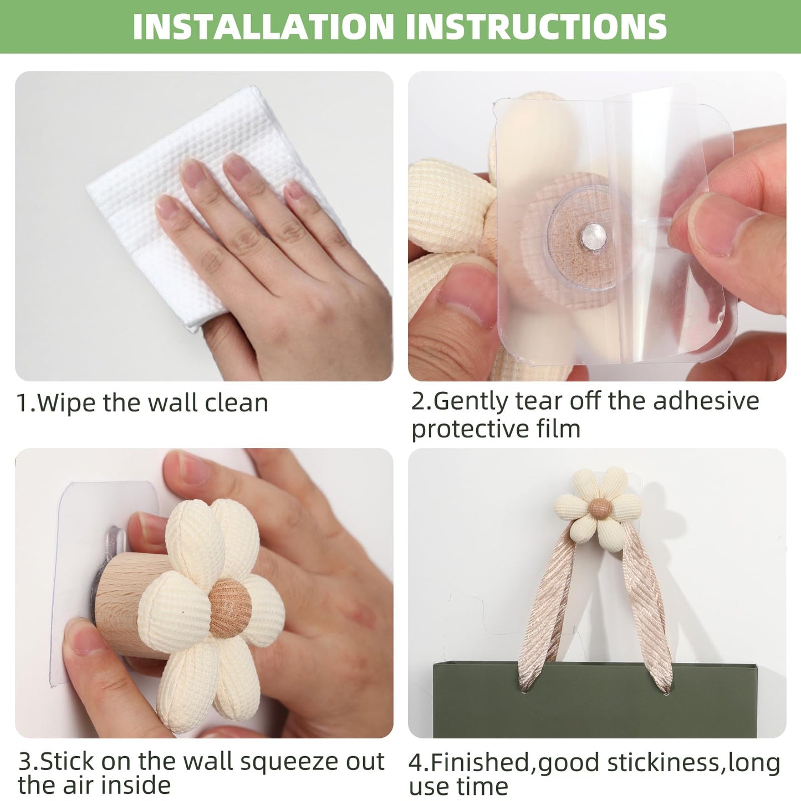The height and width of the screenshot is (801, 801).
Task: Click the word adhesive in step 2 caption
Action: click(x=706, y=401)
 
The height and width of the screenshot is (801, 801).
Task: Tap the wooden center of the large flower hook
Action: click(x=230, y=608)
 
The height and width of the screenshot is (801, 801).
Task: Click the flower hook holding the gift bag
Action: click(x=599, y=505)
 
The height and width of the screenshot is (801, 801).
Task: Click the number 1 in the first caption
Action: click(x=22, y=403)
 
